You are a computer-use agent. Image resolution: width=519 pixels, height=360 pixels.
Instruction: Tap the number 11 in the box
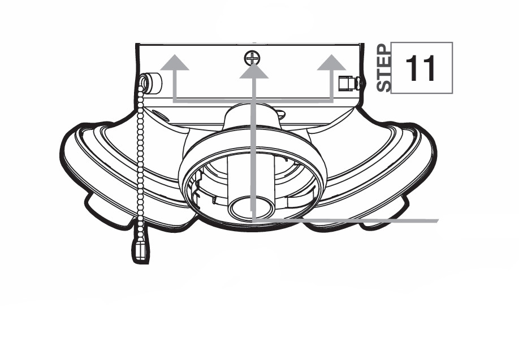pos(422,68)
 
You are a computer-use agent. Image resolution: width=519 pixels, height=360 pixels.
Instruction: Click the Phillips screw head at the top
pos(252,57)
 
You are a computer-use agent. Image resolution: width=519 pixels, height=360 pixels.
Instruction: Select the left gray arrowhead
pos(174,63)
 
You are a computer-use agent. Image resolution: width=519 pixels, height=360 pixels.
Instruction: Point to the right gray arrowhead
pos(331,63)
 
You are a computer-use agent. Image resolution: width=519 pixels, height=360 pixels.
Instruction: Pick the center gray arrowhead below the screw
pos(253,71)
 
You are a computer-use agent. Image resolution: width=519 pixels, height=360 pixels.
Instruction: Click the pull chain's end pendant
pos(141,249)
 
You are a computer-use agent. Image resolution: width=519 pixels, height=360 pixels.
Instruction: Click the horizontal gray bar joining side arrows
pos(253,101)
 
